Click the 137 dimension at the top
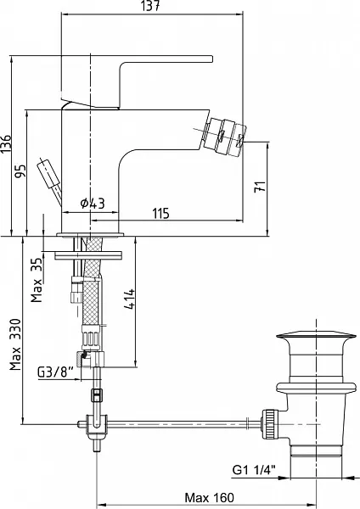[151, 6]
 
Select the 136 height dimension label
[7, 143]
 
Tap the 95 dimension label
[20, 171]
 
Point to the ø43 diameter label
[93, 204]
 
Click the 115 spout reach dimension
[160, 214]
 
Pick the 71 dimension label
[260, 187]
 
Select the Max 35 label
[37, 280]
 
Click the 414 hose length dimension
[129, 299]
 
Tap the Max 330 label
[15, 344]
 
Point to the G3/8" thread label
[55, 372]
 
